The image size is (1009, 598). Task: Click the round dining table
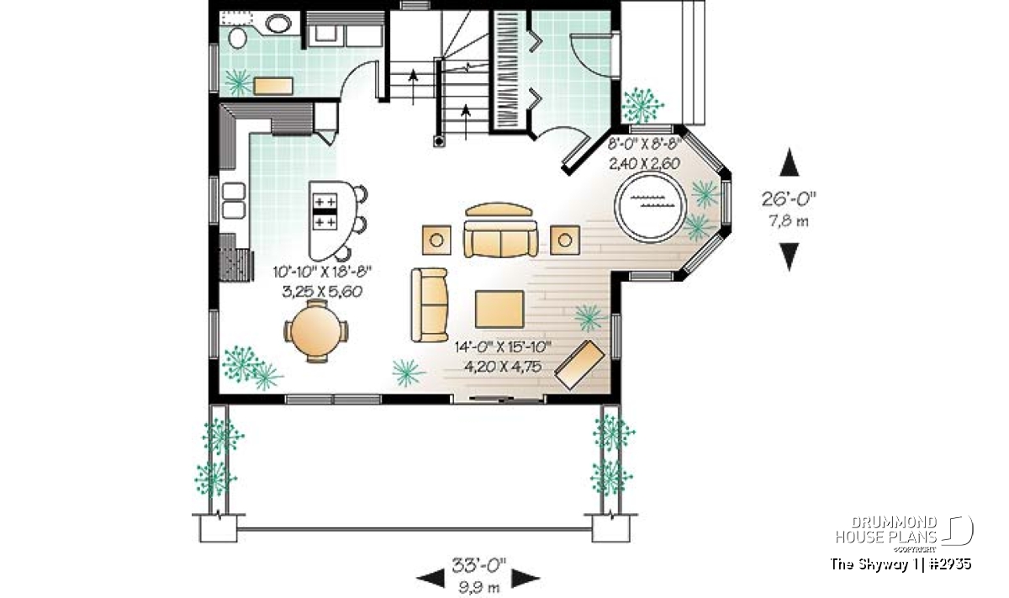(x=316, y=331)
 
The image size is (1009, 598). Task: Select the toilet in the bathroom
(x=237, y=37)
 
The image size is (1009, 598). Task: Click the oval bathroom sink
(x=278, y=24)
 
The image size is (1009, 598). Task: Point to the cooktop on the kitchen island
(x=325, y=211)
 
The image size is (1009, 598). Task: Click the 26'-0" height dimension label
(x=789, y=198)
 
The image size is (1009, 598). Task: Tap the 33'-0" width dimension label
(x=478, y=565)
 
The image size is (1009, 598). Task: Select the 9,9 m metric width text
(x=479, y=587)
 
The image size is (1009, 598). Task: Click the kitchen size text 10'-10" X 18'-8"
(x=322, y=272)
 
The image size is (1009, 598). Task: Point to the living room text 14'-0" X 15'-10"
(x=503, y=347)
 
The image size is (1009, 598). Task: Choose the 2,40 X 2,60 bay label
(x=644, y=163)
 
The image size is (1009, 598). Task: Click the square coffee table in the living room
(x=499, y=310)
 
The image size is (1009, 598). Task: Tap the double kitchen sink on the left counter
(x=234, y=200)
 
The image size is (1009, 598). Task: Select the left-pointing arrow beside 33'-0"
(x=431, y=578)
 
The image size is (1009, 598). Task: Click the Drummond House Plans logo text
(x=886, y=530)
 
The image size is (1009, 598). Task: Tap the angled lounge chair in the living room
(x=579, y=364)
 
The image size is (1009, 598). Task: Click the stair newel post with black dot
(x=439, y=141)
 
